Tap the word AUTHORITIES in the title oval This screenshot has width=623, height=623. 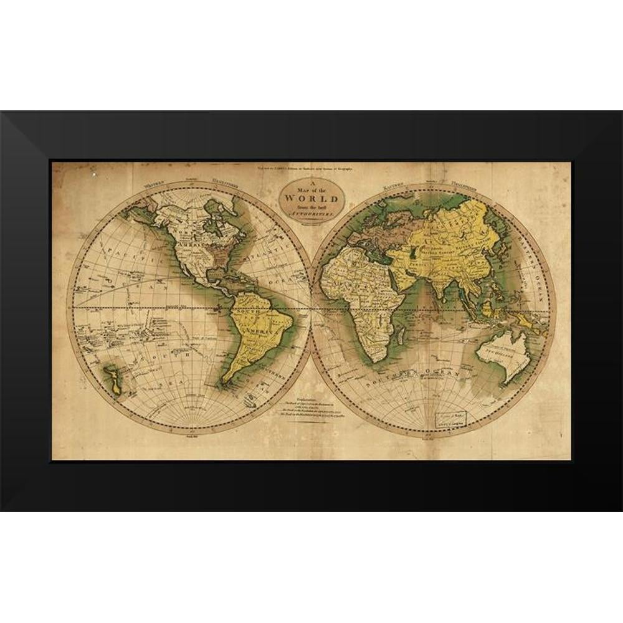pos(311,213)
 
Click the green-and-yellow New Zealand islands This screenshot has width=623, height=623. pos(113,379)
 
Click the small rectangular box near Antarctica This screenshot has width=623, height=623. pos(451,417)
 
